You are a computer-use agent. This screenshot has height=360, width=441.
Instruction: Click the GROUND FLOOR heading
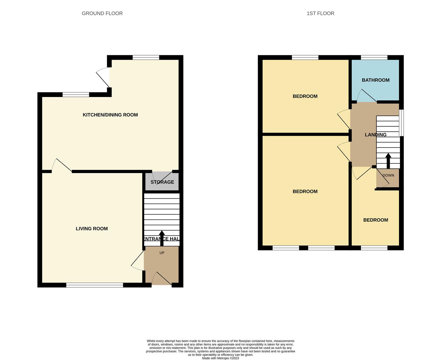[102, 13]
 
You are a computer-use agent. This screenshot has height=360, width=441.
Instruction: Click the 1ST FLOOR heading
[320, 13]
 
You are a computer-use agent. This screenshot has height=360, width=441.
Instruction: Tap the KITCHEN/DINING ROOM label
[110, 115]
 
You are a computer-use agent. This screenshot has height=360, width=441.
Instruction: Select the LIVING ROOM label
[92, 229]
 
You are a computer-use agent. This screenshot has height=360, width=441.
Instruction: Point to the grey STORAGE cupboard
[162, 182]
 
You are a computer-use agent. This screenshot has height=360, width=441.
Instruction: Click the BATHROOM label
[376, 80]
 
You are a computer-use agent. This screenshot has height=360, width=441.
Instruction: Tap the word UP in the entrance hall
[162, 253]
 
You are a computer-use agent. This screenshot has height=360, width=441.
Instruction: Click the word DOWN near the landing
[388, 175]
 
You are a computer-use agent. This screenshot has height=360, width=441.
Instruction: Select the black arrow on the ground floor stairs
[162, 238]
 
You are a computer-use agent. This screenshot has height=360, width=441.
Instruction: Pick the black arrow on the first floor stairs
[388, 161]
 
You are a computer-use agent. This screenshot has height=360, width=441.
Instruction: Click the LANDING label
[376, 135]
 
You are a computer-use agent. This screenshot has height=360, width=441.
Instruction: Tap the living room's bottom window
[95, 285]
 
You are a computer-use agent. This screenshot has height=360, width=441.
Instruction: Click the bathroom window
[374, 58]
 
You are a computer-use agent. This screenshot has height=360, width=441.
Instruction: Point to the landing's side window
[401, 123]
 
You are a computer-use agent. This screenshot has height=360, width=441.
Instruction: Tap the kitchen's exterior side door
[103, 77]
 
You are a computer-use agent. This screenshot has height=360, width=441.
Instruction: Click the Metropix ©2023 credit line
[220, 358]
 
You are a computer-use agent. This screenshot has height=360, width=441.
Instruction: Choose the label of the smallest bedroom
[376, 220]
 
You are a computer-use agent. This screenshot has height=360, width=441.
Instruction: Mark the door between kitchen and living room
[62, 165]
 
